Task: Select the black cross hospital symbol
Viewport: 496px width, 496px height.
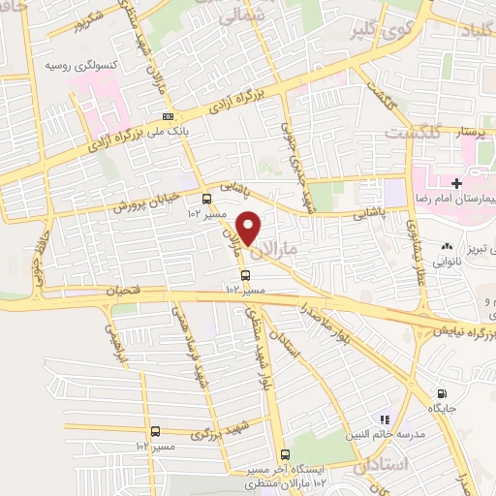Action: point(455,181)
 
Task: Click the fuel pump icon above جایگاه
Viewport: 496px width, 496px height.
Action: point(442,393)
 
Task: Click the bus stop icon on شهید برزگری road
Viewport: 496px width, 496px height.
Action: point(155,431)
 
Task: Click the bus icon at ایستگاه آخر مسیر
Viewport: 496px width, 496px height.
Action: point(285,454)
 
